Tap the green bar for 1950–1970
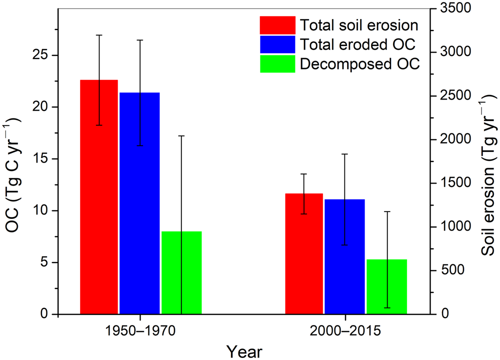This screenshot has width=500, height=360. click(181, 273)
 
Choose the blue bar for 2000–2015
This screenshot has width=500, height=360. click(345, 257)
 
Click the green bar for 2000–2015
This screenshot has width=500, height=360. click(386, 287)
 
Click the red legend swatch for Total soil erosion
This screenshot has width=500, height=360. click(277, 24)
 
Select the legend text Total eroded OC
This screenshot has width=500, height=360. click(357, 44)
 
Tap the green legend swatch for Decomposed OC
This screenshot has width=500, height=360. click(277, 64)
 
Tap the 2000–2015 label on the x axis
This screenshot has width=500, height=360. click(345, 330)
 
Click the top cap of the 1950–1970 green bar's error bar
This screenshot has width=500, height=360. click(181, 135)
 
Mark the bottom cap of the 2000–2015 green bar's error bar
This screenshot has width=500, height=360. click(386, 308)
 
